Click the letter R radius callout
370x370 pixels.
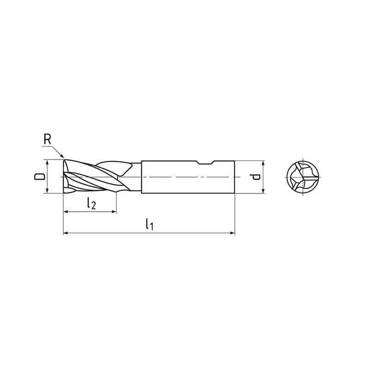(x=48, y=139)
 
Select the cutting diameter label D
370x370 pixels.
(x=39, y=176)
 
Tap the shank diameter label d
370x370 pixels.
(x=256, y=177)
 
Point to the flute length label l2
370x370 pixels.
(x=91, y=203)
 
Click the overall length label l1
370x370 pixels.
(x=149, y=224)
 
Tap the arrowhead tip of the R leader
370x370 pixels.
(x=64, y=157)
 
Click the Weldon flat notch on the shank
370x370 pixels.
(x=205, y=162)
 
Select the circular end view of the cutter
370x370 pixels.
(x=302, y=177)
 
